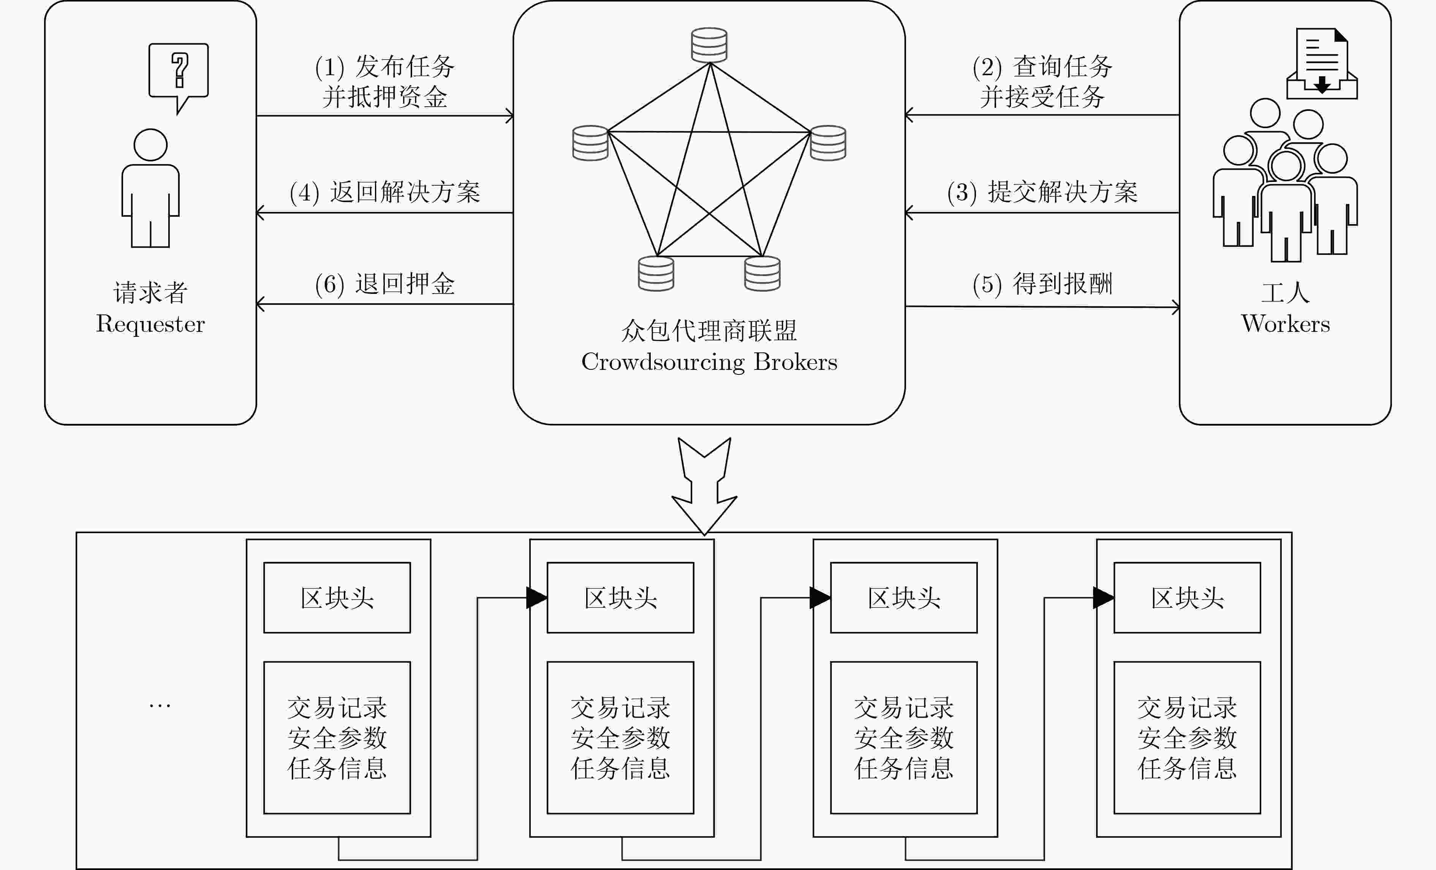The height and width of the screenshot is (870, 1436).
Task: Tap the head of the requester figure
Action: [x=150, y=145]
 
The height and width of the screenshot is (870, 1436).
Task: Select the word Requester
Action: [x=150, y=324]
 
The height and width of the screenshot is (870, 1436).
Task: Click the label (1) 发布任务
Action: [x=384, y=66]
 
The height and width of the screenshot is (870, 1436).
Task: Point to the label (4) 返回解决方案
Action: [x=384, y=192]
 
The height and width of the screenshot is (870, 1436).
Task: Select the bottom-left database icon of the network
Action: [x=656, y=273]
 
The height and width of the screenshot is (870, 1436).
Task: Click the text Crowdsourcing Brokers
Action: [x=709, y=362]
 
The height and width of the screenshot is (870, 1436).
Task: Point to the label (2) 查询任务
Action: [x=1042, y=66]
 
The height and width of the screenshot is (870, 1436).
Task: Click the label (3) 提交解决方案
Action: [x=1042, y=192]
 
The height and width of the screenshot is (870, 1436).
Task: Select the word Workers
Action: [x=1286, y=324]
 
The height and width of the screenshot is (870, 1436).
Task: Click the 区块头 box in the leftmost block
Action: [x=337, y=597]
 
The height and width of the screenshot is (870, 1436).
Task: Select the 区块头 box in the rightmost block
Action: [x=1187, y=597]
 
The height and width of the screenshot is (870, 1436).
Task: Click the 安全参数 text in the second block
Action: [x=620, y=738]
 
